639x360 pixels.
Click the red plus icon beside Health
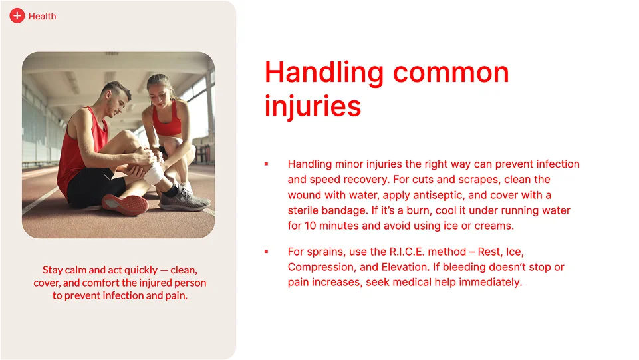tap(17, 16)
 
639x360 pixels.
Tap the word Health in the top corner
tap(43, 17)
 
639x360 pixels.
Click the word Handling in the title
tap(324, 73)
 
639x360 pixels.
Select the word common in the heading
tap(451, 73)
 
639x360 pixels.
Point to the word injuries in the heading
tap(313, 106)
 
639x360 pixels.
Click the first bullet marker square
tap(266, 164)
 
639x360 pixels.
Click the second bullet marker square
tap(266, 252)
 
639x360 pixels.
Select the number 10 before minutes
tap(310, 226)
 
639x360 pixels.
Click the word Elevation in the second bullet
tap(405, 267)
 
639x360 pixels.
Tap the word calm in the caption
tap(75, 270)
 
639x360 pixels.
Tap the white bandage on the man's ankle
tap(154, 173)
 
